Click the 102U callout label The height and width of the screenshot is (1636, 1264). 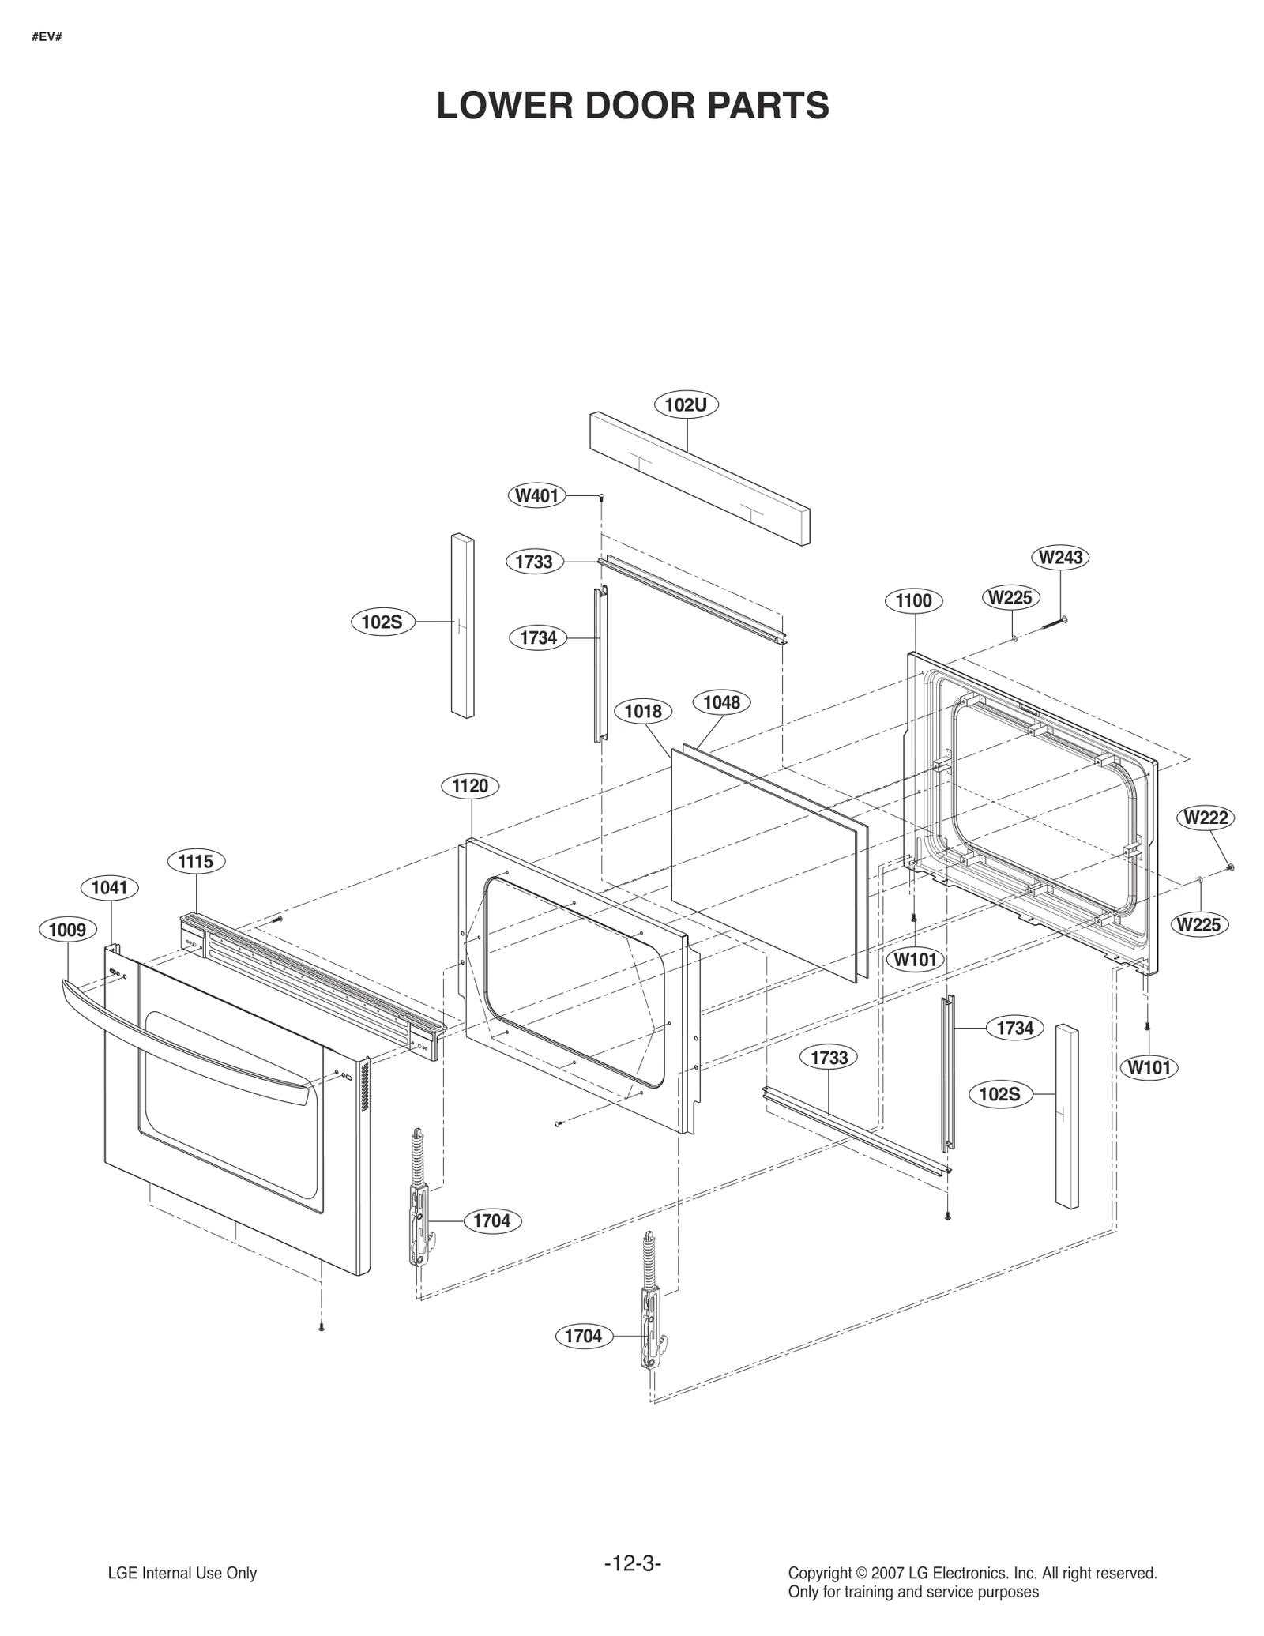pyautogui.click(x=686, y=405)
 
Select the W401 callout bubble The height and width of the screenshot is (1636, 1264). pyautogui.click(x=536, y=496)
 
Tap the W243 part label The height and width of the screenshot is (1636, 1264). pyautogui.click(x=1060, y=557)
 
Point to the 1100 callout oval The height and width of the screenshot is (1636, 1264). pyautogui.click(x=913, y=600)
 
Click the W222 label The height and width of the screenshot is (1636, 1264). pyautogui.click(x=1206, y=818)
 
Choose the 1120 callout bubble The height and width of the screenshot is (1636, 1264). pyautogui.click(x=470, y=786)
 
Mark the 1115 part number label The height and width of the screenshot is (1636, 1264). pyautogui.click(x=195, y=861)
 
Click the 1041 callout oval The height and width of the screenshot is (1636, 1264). pyautogui.click(x=109, y=888)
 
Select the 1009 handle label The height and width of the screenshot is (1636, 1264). pyautogui.click(x=67, y=930)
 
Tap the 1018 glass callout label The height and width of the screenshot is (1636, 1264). pyautogui.click(x=643, y=711)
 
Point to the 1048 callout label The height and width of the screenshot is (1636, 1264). pyautogui.click(x=721, y=702)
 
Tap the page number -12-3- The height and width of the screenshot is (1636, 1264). pyautogui.click(x=632, y=1563)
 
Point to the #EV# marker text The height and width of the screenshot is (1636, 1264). pyautogui.click(x=47, y=36)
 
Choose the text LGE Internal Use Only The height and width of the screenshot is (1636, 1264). pyautogui.click(x=182, y=1574)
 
